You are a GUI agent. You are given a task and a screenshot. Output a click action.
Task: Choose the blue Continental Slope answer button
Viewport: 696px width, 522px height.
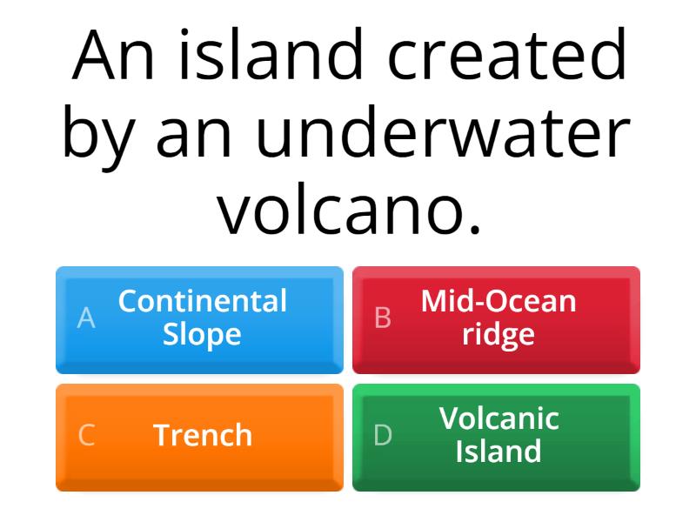pyautogui.click(x=199, y=319)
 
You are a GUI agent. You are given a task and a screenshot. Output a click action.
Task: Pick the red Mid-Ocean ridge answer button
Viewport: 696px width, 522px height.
pyautogui.click(x=496, y=319)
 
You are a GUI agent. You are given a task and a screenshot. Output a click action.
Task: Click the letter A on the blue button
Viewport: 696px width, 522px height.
pyautogui.click(x=85, y=318)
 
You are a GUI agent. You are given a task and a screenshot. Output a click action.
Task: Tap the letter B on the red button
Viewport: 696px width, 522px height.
pyautogui.click(x=382, y=318)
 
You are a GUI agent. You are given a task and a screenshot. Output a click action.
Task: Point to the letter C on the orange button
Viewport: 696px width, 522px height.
pyautogui.click(x=86, y=435)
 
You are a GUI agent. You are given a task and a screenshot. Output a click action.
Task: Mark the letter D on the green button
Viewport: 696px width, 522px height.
pyautogui.click(x=383, y=435)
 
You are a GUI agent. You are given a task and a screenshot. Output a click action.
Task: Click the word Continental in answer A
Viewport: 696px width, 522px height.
pyautogui.click(x=203, y=302)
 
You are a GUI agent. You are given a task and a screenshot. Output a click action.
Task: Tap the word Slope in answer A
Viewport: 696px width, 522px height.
pyautogui.click(x=202, y=334)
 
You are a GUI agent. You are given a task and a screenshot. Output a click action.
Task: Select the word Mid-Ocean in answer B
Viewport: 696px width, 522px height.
pyautogui.click(x=499, y=302)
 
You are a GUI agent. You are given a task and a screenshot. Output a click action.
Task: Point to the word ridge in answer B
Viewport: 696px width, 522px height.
pyautogui.click(x=499, y=334)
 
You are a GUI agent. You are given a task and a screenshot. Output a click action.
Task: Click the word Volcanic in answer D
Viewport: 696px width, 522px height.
pyautogui.click(x=499, y=418)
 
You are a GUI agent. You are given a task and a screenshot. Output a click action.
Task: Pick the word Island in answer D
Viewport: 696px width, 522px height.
pyautogui.click(x=499, y=451)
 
